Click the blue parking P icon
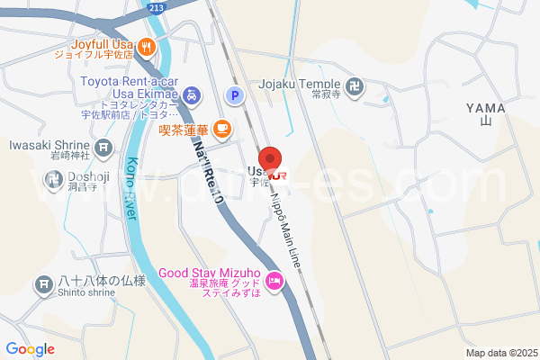(233, 94)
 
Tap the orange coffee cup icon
(221, 128)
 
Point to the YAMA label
(486, 108)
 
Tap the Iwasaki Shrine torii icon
(105, 146)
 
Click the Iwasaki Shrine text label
(49, 144)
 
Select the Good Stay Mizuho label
(210, 274)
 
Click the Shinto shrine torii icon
(42, 285)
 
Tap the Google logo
(30, 349)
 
